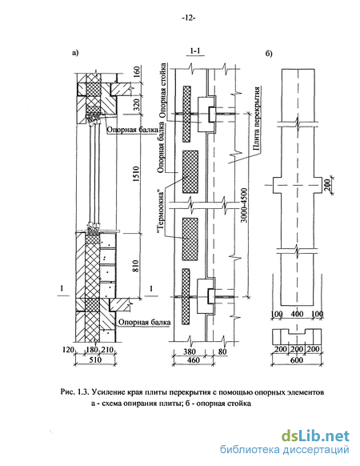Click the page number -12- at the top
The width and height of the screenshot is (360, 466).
[x=188, y=18]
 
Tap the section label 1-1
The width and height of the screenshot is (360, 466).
[x=195, y=51]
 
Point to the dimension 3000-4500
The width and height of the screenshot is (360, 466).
[x=244, y=205]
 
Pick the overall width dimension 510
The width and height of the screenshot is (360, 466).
[x=95, y=360]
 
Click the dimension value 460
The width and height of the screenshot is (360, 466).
[x=194, y=360]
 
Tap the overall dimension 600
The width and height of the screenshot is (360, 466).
[x=297, y=360]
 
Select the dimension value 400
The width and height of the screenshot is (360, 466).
[x=297, y=314]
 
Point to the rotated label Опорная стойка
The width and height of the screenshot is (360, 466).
[x=163, y=90]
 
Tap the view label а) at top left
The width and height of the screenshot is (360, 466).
[x=75, y=53]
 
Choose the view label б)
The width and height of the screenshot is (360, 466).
[x=269, y=54]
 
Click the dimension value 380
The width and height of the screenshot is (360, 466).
[x=190, y=352]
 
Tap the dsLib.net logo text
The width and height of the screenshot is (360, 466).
[x=315, y=436]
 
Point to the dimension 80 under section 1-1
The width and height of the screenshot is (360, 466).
[x=222, y=352]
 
